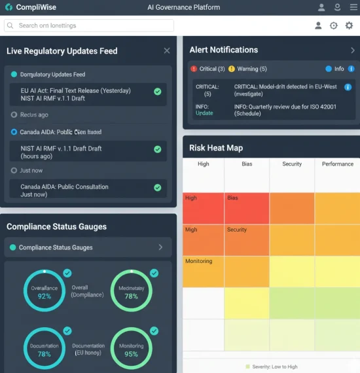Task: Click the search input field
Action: coord(89,26)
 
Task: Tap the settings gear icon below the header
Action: coord(349,26)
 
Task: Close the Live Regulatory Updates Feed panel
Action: coord(167,50)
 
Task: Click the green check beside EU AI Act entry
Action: coord(157,92)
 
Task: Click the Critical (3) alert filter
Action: coord(207,69)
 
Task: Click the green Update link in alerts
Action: coord(204,113)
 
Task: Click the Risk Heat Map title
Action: coord(216,147)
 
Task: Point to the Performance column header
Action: coord(337,164)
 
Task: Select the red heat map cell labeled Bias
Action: coord(246,208)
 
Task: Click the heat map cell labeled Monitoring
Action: coord(203,272)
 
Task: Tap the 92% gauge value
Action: coord(45,296)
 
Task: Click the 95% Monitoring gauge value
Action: coord(131,354)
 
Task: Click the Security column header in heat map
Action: coord(292,164)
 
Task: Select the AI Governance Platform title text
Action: coord(184,7)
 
